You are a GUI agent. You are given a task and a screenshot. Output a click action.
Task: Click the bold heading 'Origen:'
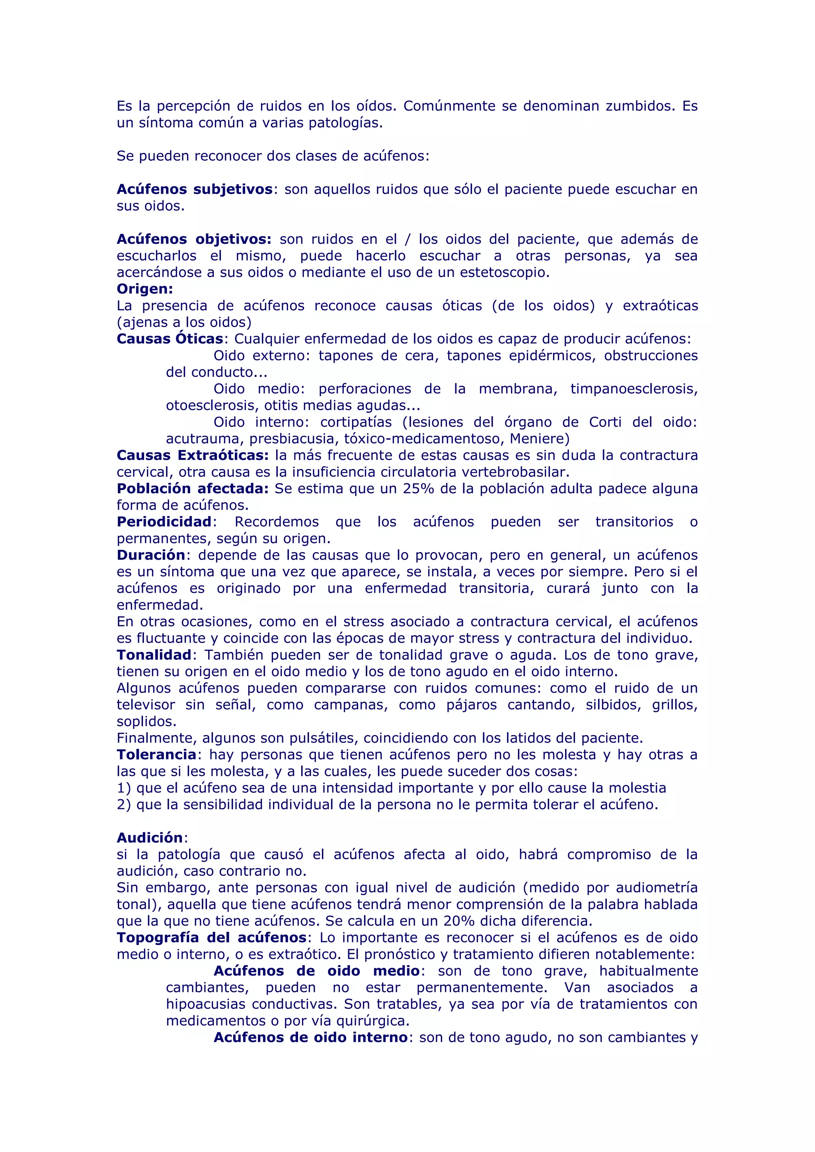tap(144, 289)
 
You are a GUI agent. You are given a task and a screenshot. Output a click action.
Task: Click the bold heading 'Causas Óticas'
tap(170, 339)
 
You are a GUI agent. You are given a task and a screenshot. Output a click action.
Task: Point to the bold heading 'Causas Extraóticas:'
tap(193, 455)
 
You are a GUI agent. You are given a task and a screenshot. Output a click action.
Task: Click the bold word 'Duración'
tap(151, 555)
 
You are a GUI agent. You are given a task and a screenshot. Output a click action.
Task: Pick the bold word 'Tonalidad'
tap(154, 655)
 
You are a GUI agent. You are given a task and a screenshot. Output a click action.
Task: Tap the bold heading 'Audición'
tap(150, 838)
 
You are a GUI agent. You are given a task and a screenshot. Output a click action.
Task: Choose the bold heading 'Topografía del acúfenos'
tap(211, 937)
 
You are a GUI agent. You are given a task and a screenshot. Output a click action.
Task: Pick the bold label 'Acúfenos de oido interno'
tap(310, 1037)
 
